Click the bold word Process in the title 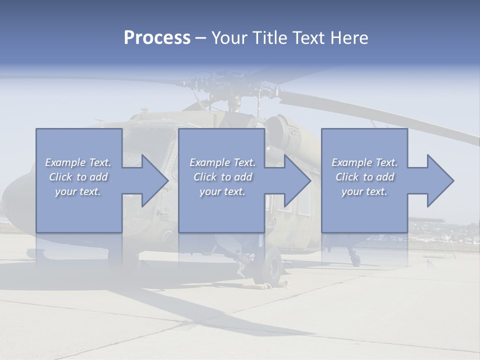(x=157, y=37)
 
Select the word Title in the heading (x=267, y=37)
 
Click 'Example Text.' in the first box (x=78, y=162)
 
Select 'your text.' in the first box (x=78, y=191)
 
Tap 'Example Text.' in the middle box (x=222, y=162)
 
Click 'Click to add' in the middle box (x=222, y=177)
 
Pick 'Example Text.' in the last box (x=364, y=162)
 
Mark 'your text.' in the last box (x=364, y=191)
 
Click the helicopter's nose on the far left (x=12, y=195)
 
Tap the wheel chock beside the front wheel (x=272, y=285)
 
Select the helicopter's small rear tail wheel (x=355, y=259)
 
